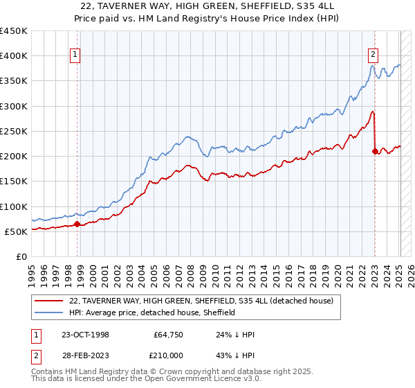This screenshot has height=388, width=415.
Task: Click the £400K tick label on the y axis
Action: [x=14, y=56]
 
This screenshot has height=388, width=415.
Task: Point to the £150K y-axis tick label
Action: [x=14, y=182]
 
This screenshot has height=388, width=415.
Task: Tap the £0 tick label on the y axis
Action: [x=21, y=256]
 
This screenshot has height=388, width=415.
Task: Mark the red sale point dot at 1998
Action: [x=77, y=224]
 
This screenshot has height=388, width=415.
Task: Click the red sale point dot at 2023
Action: [x=375, y=150]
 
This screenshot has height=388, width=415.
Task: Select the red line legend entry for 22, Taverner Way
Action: [x=201, y=301]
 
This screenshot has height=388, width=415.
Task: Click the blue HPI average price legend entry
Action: [x=152, y=312]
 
